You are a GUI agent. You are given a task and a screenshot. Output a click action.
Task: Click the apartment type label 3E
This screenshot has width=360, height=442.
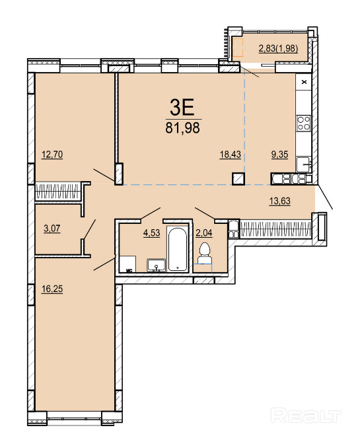[x=182, y=108]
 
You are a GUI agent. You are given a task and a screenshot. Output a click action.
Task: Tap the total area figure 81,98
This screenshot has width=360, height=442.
[x=182, y=128]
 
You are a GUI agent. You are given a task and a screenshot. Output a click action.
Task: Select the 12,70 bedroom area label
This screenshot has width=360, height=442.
[x=52, y=155]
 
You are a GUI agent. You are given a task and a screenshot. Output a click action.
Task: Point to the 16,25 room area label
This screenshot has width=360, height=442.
[x=52, y=289]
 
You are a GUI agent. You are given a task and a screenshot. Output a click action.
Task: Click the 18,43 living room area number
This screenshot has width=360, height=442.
[x=231, y=155]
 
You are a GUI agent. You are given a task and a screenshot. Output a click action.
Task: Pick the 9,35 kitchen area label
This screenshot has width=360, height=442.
[x=279, y=155]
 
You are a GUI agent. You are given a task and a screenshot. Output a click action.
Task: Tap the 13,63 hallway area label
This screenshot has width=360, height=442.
[x=279, y=201]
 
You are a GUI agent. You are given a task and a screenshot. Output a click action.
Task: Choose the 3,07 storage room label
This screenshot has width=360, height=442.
[x=52, y=228]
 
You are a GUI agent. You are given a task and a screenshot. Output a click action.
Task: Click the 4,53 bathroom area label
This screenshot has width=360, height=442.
[x=152, y=233]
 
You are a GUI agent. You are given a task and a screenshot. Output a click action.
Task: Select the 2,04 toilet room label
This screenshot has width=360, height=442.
[x=204, y=233]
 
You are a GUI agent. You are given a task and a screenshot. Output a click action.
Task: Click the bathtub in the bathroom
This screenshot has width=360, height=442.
[x=177, y=248]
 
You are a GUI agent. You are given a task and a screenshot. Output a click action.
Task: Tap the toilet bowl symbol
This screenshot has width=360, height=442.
[x=204, y=254]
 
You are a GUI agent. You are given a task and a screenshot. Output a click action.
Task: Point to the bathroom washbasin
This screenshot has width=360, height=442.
[x=156, y=265]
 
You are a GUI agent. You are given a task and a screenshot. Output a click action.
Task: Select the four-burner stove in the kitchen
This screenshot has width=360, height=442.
[x=304, y=124]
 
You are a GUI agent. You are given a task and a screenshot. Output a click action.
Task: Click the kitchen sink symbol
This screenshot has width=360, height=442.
[x=304, y=164]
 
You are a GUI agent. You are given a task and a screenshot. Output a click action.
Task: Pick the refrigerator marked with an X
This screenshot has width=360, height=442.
[x=304, y=82]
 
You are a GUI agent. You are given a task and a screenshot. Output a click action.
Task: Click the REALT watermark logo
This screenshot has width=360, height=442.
[x=306, y=416]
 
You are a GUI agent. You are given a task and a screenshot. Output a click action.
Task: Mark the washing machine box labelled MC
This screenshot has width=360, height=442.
[x=127, y=264]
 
